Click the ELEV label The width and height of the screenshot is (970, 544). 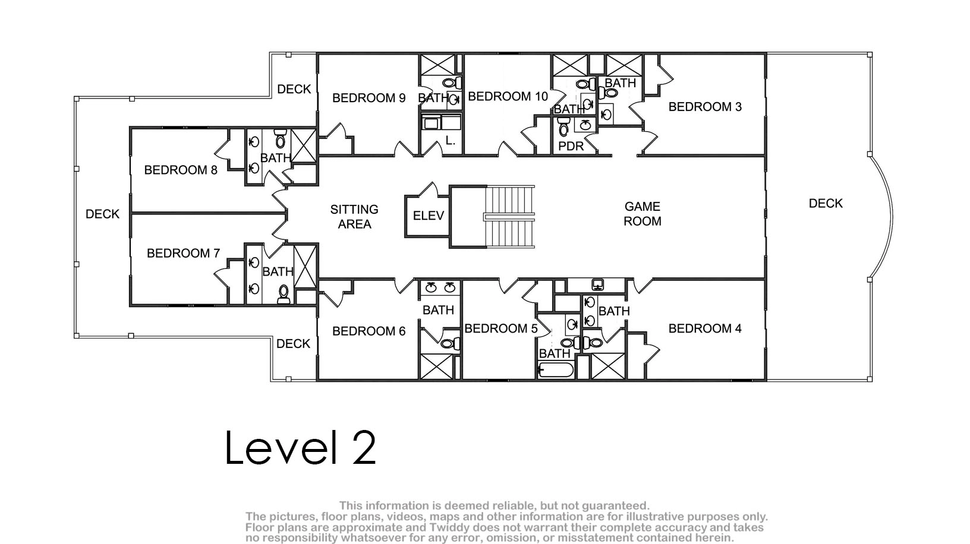pos(429,216)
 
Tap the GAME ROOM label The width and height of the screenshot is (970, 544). pos(642,214)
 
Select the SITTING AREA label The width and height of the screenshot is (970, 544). pos(354,217)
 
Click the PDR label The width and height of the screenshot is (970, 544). pos(571,146)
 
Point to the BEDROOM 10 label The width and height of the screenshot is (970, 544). pos(508,97)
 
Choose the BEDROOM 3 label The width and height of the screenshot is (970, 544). pos(705,107)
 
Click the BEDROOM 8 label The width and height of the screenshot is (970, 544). pos(181,170)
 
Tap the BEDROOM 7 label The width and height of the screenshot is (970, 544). pos(183,253)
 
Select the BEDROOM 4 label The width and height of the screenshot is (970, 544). pos(705,328)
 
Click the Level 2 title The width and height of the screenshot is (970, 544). pos(300,447)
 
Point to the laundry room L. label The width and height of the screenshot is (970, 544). pos(451,141)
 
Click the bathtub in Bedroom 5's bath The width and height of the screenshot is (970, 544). pos(556,371)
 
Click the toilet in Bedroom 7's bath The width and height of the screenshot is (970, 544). pos(284,295)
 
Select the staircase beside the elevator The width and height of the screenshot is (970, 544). pos(509,216)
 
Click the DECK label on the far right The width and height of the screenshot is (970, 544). pos(826,203)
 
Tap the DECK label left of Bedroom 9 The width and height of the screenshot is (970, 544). pos(294,89)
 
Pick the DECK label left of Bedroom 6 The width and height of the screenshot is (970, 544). pos(293,344)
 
